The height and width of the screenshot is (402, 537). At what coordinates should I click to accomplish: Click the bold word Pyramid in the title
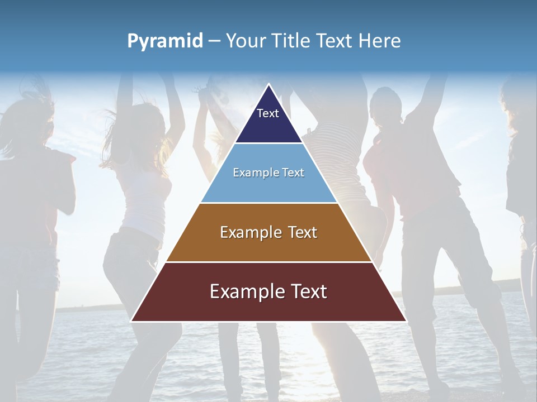pos(165,41)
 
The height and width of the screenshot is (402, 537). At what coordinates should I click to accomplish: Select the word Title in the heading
pos(293,41)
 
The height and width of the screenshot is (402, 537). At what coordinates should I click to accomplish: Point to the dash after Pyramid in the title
pos(214,41)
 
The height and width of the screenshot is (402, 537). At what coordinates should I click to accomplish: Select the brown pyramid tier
pos(268,246)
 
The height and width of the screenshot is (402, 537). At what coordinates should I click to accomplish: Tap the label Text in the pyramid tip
pos(268,113)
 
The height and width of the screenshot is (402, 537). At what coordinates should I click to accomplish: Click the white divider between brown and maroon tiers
pos(268,262)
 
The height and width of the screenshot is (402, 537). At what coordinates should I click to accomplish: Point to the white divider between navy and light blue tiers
pos(268,143)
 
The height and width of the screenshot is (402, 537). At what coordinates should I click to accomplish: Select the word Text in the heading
pos(337,41)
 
